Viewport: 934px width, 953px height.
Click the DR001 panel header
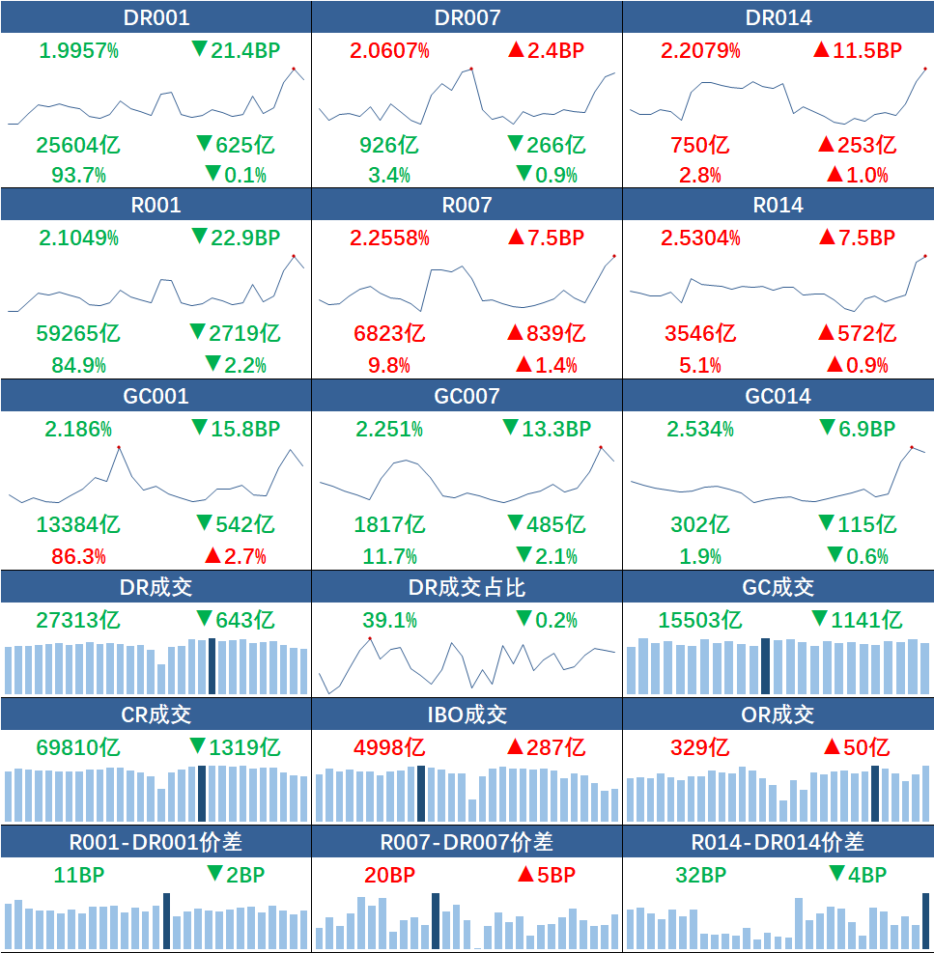pyautogui.click(x=156, y=17)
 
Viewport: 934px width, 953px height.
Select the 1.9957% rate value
pyautogui.click(x=79, y=51)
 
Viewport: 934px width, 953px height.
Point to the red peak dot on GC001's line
pyautogui.click(x=119, y=447)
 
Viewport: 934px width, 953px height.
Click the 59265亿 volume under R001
pyautogui.click(x=78, y=334)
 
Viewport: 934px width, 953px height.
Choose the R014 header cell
pyautogui.click(x=778, y=205)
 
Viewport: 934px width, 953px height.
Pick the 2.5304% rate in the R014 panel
pyautogui.click(x=700, y=238)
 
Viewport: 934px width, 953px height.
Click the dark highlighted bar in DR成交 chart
pyautogui.click(x=212, y=665)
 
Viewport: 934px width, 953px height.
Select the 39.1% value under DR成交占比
pyautogui.click(x=390, y=620)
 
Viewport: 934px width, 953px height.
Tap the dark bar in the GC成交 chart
pyautogui.click(x=765, y=665)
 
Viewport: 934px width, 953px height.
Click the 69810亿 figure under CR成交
pyautogui.click(x=78, y=747)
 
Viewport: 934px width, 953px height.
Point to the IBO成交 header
pyautogui.click(x=467, y=715)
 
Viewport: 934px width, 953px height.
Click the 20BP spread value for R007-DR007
pyautogui.click(x=390, y=875)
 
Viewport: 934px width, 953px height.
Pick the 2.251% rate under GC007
pyautogui.click(x=390, y=429)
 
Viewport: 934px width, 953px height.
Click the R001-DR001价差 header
pyautogui.click(x=156, y=842)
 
